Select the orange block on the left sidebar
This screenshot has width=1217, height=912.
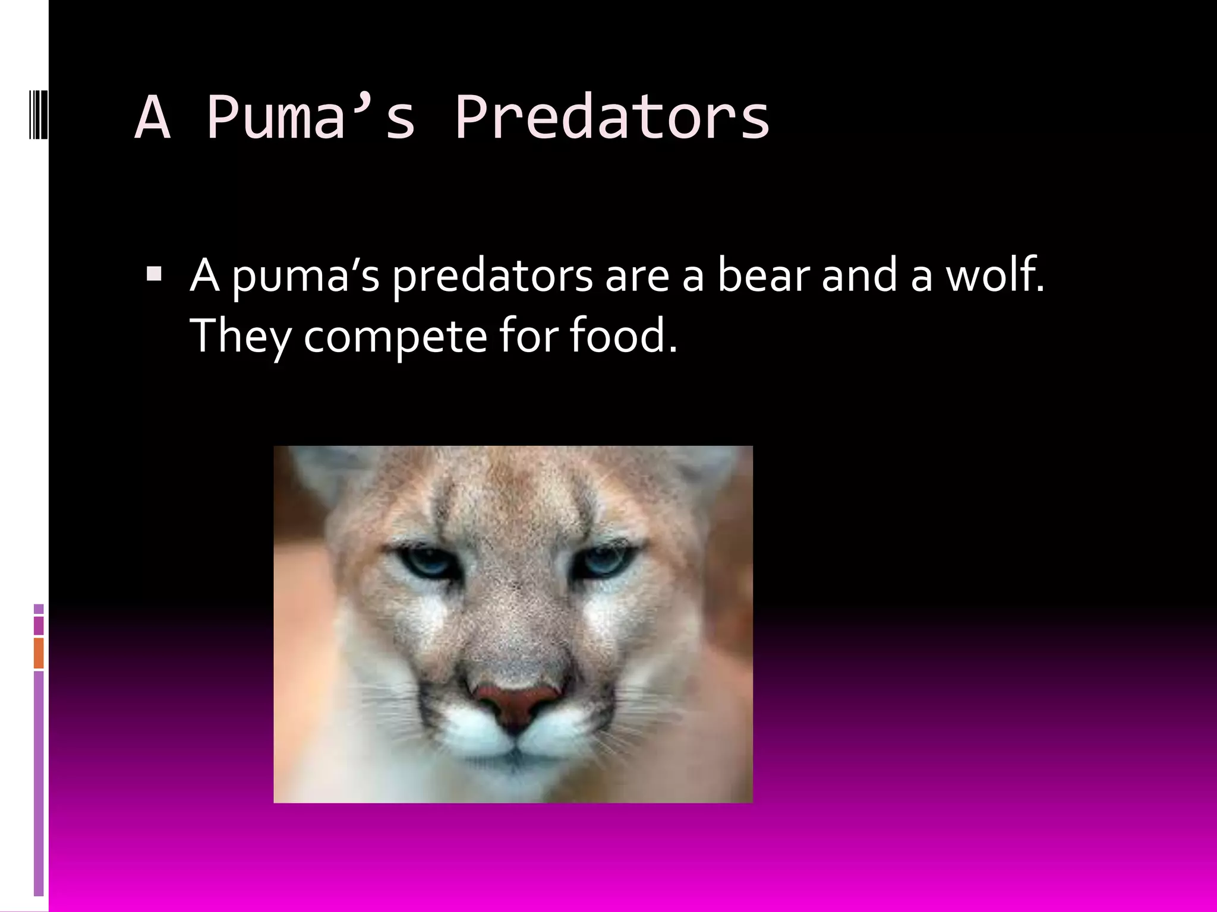coord(39,653)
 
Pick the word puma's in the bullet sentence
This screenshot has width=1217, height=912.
coord(305,277)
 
